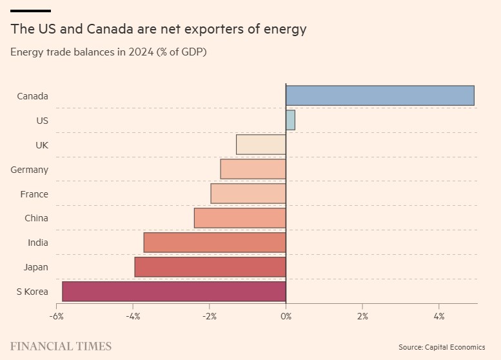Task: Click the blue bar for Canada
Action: tap(380, 95)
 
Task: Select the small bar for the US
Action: tap(290, 120)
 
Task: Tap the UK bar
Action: tap(261, 145)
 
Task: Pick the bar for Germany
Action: tap(253, 169)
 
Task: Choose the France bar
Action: tap(248, 194)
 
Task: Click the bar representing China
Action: tap(240, 218)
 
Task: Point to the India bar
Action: tap(215, 243)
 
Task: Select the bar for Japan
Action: tap(210, 267)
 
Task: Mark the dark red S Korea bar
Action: tap(174, 292)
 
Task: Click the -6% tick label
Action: tap(57, 317)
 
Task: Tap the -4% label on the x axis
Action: tap(133, 317)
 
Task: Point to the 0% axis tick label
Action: tap(286, 317)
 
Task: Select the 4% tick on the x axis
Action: tap(438, 317)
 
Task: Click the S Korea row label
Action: tap(32, 292)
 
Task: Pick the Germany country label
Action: tap(30, 170)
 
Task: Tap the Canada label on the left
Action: tap(32, 96)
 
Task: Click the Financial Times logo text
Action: tap(61, 346)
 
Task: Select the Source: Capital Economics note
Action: tap(441, 347)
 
